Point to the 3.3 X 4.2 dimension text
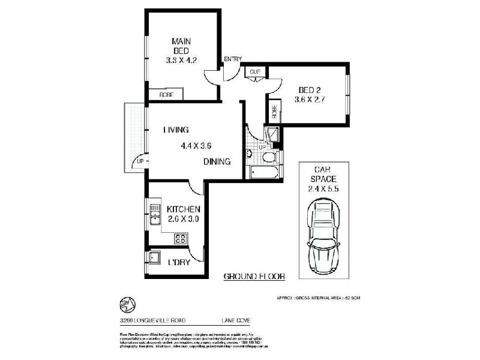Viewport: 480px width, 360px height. point(181,60)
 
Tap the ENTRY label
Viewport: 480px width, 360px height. point(232,59)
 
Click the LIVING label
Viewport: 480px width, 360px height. point(176,130)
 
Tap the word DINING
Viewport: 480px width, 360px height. point(217,161)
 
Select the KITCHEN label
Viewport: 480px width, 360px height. point(182,209)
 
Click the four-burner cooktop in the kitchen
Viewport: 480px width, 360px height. point(181,238)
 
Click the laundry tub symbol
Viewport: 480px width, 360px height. point(154,258)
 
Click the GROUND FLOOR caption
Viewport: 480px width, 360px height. point(254,277)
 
